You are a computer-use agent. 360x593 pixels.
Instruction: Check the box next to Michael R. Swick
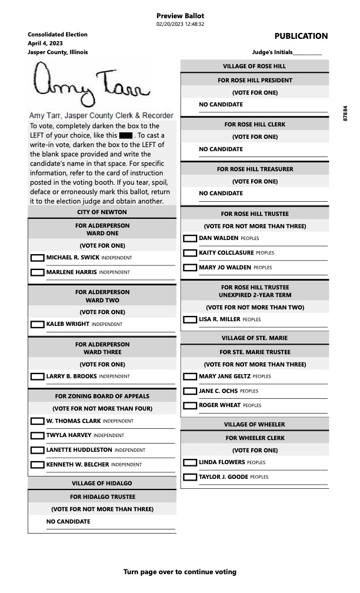tap(37, 258)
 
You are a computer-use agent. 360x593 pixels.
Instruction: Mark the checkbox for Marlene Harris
tap(37, 272)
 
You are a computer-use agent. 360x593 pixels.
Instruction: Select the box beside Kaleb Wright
tap(37, 324)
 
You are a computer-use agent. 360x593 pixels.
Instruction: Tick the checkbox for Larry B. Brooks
tap(37, 377)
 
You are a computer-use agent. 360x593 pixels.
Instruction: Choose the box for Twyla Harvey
tap(37, 436)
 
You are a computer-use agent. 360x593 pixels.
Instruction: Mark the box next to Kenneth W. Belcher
tap(37, 465)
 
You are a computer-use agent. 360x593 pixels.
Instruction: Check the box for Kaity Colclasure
tap(190, 253)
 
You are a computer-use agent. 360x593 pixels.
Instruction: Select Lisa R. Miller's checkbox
tap(190, 319)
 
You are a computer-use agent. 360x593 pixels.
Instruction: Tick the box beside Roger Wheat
tap(190, 405)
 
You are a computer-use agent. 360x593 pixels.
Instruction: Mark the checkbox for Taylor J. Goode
tap(190, 477)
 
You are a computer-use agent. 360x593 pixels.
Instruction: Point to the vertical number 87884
tap(345, 114)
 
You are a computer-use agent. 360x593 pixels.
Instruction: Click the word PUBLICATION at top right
tap(301, 36)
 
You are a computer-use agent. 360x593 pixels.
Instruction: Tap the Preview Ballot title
tap(180, 15)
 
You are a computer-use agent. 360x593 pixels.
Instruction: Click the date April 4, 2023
tap(45, 44)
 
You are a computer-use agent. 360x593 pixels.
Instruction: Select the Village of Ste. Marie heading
tap(254, 338)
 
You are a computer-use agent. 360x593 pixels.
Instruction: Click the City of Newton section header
tap(102, 212)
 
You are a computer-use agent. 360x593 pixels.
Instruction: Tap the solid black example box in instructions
tap(125, 136)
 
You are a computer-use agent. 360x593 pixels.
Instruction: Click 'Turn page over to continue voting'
tap(180, 572)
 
